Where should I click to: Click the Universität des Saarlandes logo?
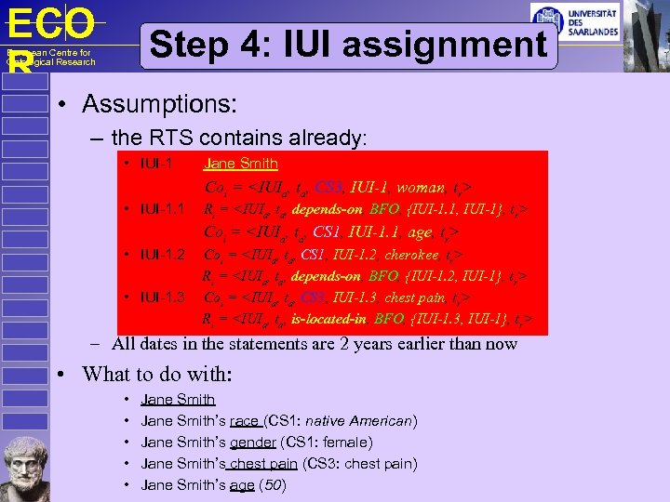tap(574, 20)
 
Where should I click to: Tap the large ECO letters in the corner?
tap(51, 23)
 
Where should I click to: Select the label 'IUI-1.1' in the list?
tap(154, 209)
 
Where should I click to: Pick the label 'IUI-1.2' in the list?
tap(154, 254)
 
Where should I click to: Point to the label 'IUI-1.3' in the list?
tap(154, 297)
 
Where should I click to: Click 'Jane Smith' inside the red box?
tap(241, 165)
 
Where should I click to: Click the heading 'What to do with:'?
tap(158, 375)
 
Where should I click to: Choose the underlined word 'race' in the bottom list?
tap(245, 421)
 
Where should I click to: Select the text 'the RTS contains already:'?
tap(239, 138)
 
